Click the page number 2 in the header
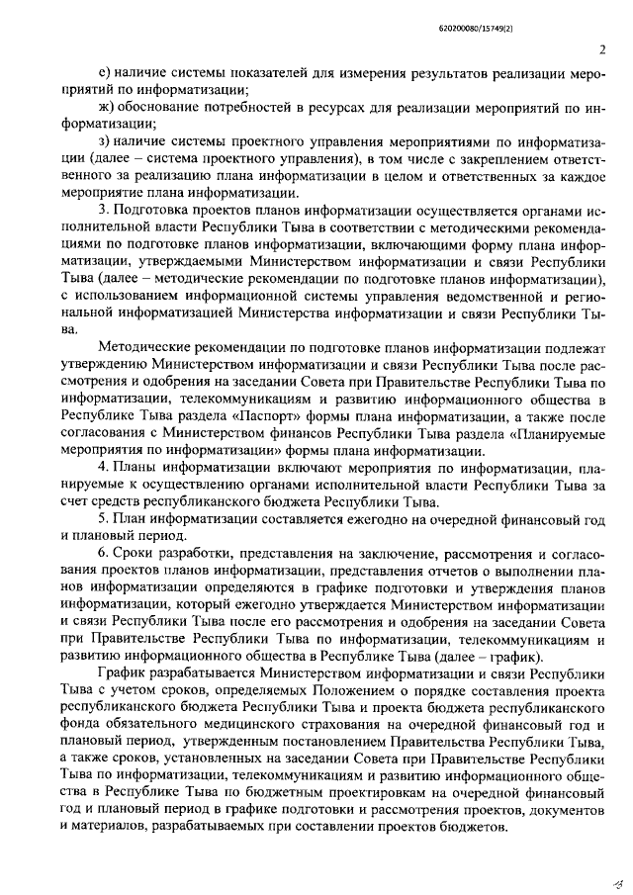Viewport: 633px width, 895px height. [x=601, y=51]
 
